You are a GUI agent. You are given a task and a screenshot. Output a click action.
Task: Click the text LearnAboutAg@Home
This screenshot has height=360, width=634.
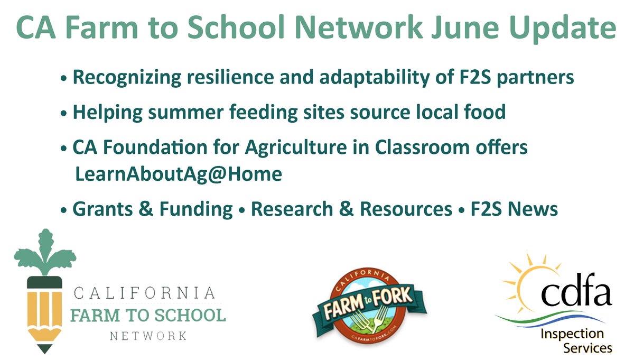coord(179,174)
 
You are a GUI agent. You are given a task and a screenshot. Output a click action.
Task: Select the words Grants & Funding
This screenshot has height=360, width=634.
coord(152,210)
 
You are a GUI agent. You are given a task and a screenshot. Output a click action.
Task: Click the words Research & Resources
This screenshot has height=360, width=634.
coord(351,210)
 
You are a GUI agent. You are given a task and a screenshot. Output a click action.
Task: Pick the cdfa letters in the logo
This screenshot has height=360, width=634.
coord(576,295)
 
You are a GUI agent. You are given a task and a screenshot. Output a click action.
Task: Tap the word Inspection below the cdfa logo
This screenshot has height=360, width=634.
coord(572,334)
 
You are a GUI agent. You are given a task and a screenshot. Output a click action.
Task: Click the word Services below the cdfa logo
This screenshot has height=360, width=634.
coord(588,348)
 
